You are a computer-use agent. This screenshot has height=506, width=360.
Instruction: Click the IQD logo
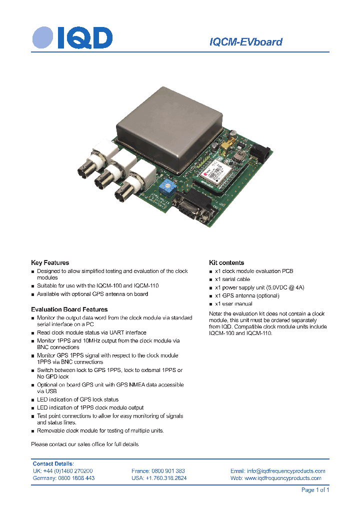pyautogui.click(x=72, y=38)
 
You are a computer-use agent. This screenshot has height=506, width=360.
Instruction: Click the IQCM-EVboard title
pyautogui.click(x=245, y=42)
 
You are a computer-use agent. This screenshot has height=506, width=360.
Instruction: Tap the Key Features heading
pyautogui.click(x=50, y=262)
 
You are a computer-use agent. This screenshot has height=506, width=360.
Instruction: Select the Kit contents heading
pyautogui.click(x=226, y=262)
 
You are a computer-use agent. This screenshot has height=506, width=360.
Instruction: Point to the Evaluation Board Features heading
pyautogui.click(x=69, y=309)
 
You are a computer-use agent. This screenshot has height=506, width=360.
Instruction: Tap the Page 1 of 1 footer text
pyautogui.click(x=315, y=490)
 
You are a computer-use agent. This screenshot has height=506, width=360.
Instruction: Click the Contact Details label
pyautogui.click(x=53, y=463)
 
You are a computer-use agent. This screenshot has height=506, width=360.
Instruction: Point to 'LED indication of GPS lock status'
pyautogui.click(x=77, y=399)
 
